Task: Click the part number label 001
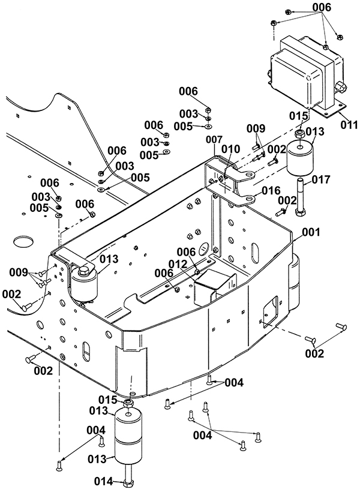[x=310, y=232]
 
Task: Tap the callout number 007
[x=214, y=139]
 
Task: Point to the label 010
[x=230, y=149]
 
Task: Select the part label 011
[x=349, y=125]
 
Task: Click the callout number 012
[x=177, y=264]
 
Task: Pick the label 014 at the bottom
[x=103, y=482]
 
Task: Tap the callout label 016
[x=271, y=190]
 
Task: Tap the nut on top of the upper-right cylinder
[x=300, y=135]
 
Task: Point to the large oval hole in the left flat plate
[x=23, y=241]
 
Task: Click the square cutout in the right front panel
[x=270, y=312]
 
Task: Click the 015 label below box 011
[x=299, y=116]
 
